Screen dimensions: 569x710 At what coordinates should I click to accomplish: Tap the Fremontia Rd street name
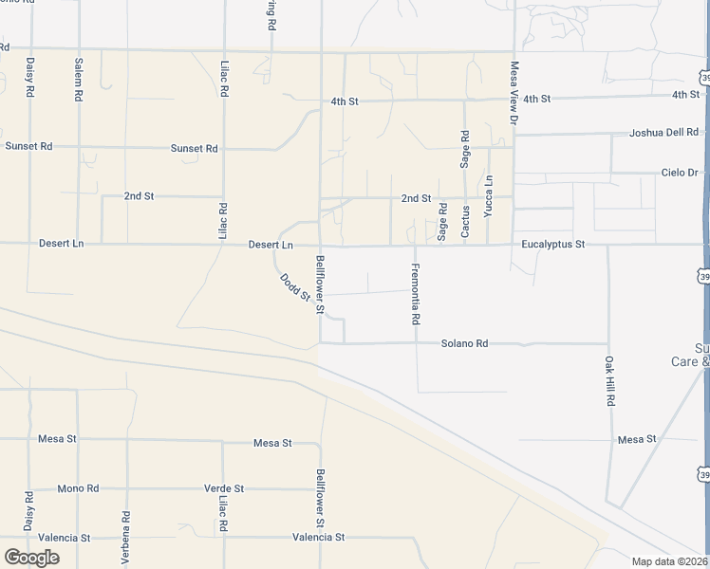coord(415,294)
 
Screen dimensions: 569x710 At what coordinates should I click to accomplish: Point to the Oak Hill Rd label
coord(609,380)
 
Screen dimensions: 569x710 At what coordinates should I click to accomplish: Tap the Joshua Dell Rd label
coord(663,133)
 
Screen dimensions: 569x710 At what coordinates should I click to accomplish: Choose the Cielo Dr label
coord(680,173)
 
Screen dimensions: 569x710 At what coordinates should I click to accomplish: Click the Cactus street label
coord(465,221)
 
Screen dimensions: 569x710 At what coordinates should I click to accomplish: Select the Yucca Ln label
coord(489,196)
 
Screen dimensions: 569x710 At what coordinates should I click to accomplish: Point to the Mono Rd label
coord(78,488)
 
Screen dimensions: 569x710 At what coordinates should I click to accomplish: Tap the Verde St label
coord(224,488)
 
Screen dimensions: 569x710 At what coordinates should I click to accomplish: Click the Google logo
coord(31,558)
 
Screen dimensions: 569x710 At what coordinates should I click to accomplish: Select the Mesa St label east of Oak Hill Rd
coord(637,439)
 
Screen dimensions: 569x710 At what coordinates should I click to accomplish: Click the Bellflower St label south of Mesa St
coord(321,499)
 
